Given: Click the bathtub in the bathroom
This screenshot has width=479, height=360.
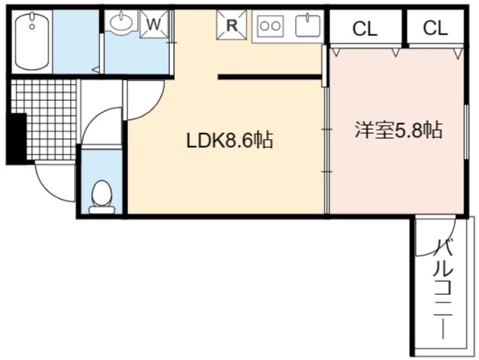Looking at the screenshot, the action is click(32, 42).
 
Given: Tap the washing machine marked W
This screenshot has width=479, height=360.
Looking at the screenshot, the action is click(154, 24).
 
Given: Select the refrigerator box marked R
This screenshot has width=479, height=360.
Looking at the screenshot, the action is click(232, 25).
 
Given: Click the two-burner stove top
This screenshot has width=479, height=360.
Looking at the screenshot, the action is click(270, 25).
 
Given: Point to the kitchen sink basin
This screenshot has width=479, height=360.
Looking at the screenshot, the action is click(307, 25).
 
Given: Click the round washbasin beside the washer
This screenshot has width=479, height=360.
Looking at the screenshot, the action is click(122, 21).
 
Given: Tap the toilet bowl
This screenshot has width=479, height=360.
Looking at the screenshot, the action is click(102, 196).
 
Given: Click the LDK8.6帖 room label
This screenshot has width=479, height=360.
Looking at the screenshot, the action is click(229, 141).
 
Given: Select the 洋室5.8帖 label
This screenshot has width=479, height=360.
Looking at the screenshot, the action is click(398, 130).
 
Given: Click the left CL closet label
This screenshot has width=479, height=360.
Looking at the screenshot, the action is click(365, 29).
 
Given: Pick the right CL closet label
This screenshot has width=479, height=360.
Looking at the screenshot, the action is click(435, 28).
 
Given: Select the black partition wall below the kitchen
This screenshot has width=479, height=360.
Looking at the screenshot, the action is click(269, 76).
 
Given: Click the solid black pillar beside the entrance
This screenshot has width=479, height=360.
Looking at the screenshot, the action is click(16, 139).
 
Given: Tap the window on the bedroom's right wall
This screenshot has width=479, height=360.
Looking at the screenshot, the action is click(467, 132).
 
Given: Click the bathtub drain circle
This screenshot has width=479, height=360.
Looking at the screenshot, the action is click(32, 26).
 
